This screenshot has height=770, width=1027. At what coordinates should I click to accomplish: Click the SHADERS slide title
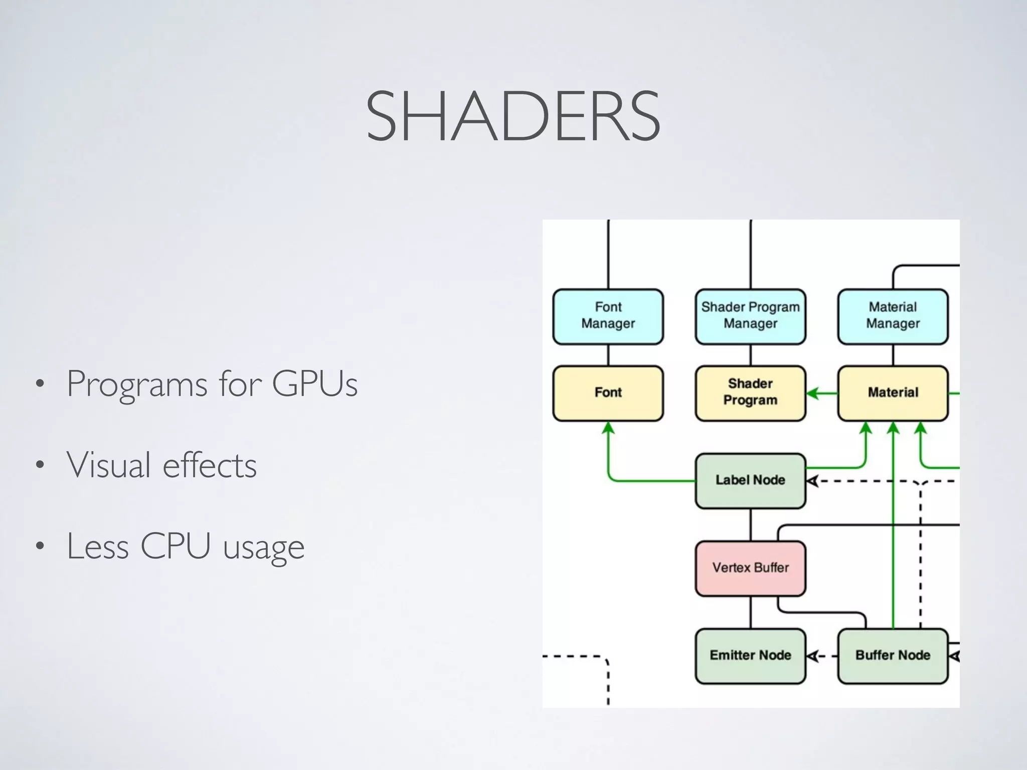coord(513,116)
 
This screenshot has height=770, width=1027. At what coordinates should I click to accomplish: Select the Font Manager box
coord(608,316)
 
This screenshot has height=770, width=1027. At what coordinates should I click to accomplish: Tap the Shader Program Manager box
coord(750,316)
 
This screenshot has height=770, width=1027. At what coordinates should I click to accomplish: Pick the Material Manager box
coord(893,316)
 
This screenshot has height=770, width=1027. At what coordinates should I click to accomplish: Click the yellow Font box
coord(608,393)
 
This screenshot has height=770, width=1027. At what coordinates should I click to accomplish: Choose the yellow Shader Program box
coord(750,393)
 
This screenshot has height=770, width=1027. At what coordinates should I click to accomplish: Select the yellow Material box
coord(893,393)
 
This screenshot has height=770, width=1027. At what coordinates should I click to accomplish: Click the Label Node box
coord(750,480)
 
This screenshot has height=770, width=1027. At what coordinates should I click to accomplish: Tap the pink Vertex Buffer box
coord(750,568)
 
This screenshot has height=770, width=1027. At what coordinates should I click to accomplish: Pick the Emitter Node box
coord(750,655)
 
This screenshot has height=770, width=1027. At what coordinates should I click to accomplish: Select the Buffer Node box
coord(893,655)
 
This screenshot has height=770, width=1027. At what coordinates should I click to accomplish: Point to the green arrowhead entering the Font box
coord(608,428)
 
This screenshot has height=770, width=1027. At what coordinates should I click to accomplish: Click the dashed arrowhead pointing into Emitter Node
coord(813,656)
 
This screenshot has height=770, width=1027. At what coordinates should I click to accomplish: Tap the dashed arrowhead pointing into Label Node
coord(813,481)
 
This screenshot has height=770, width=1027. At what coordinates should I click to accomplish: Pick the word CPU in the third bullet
coord(175,546)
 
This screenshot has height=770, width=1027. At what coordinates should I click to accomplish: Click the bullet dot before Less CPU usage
coord(40,546)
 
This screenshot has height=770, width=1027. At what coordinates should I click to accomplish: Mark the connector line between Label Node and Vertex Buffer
coord(751,524)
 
